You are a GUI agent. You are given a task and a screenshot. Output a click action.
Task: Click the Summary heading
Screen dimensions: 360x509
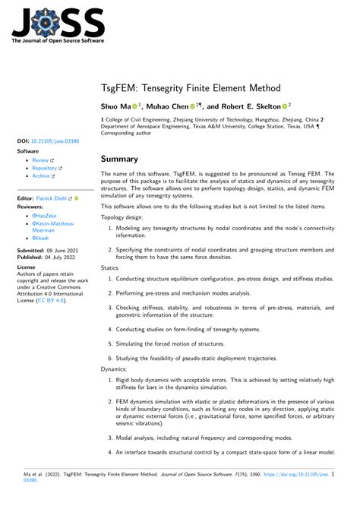coord(119,159)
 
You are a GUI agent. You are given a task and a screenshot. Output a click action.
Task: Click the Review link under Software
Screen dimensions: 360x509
coord(40,160)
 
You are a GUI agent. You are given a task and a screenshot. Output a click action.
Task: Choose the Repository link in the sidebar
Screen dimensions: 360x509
coord(46,168)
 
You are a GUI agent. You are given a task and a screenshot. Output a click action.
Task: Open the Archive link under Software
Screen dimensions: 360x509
coord(41,175)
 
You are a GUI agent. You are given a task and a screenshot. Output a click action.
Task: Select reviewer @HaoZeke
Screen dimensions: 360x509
coord(44,216)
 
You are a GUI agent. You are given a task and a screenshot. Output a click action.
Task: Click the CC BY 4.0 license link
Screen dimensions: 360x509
coord(52,300)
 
